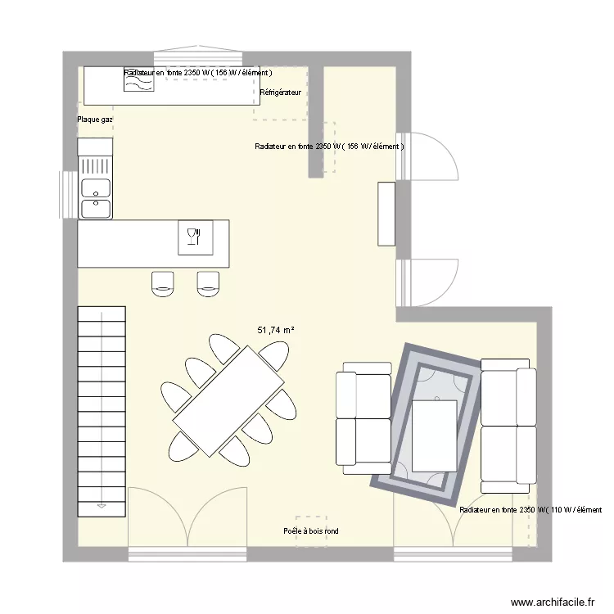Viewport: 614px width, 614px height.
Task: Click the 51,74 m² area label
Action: [276, 330]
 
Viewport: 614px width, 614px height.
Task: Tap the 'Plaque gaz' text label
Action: [95, 120]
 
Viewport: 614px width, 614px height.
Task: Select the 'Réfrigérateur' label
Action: [280, 93]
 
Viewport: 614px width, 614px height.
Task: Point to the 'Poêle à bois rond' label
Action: [310, 531]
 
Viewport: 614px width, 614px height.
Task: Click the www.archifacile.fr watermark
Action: [553, 601]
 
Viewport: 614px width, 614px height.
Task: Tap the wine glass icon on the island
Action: [193, 237]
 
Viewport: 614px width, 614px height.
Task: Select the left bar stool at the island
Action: [163, 282]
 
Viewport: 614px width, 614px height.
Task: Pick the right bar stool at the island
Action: [209, 282]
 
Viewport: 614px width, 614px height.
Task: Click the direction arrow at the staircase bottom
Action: [102, 506]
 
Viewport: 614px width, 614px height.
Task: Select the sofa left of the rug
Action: [364, 418]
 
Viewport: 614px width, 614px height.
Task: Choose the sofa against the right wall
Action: [508, 426]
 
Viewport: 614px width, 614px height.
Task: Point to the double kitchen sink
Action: [96, 197]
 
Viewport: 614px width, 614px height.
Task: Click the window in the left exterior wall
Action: [65, 196]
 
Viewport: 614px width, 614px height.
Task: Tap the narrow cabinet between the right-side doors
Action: [386, 214]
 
